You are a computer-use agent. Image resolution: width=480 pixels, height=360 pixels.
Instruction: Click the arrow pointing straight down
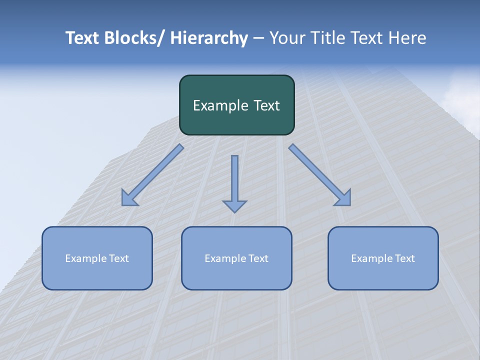234,180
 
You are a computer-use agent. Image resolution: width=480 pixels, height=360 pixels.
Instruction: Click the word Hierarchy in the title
209,38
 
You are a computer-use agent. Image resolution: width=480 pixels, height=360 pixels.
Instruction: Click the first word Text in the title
83,38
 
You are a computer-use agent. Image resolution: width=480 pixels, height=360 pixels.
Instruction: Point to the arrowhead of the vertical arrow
234,205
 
